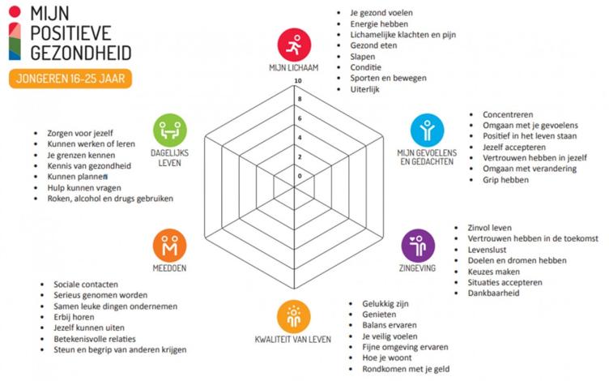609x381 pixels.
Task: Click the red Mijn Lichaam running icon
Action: [x=294, y=45]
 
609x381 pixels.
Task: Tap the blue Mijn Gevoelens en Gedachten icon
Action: [x=428, y=131]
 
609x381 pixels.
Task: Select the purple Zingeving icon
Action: [x=418, y=246]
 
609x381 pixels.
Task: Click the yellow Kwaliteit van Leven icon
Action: [x=294, y=316]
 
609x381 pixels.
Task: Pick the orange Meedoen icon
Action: [x=170, y=246]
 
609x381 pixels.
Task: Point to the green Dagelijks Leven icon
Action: [x=170, y=131]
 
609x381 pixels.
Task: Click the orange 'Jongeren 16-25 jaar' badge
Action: [x=70, y=79]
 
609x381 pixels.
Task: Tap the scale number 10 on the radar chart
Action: [x=298, y=81]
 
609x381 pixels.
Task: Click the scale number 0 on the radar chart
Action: [x=300, y=176]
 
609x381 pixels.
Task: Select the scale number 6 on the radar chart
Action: [x=300, y=118]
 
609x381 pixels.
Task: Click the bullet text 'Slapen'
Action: [x=362, y=57]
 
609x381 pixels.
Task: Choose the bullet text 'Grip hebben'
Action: [x=505, y=180]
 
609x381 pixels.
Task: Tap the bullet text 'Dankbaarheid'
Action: [x=493, y=293]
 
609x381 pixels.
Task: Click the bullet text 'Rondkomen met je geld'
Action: [x=406, y=369]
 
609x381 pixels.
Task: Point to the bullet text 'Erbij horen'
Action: [x=74, y=317]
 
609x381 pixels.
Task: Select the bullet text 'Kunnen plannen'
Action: [x=77, y=177]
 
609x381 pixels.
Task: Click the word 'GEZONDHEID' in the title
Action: [x=81, y=54]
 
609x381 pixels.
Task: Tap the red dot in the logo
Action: [x=15, y=11]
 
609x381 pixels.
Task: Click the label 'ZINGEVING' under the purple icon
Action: [x=418, y=268]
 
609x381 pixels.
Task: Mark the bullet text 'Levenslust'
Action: [x=487, y=250]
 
